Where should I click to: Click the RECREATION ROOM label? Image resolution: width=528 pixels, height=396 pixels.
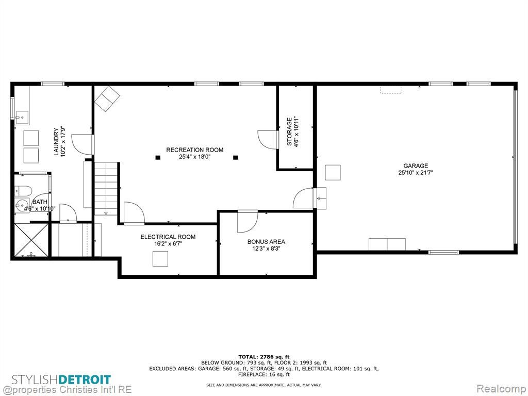(x=194, y=150)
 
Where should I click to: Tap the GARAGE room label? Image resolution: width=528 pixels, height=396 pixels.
(x=416, y=166)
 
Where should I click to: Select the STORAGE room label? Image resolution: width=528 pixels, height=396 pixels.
(x=289, y=131)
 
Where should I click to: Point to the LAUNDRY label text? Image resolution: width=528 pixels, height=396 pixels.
(x=56, y=141)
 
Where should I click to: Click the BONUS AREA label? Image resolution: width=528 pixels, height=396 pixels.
(x=266, y=242)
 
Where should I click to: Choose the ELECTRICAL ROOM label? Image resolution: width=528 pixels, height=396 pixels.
(x=168, y=237)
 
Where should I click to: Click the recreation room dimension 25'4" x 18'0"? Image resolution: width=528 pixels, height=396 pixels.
(x=194, y=157)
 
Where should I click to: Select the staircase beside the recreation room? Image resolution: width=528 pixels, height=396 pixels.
(x=106, y=189)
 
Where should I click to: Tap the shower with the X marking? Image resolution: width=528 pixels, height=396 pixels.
(x=31, y=240)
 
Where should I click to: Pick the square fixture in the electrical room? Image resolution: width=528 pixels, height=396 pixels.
(x=160, y=259)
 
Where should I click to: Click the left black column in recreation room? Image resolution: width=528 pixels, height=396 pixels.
(x=158, y=157)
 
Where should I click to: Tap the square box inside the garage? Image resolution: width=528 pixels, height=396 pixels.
(x=333, y=172)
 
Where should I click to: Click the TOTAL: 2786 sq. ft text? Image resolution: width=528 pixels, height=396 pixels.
(x=264, y=357)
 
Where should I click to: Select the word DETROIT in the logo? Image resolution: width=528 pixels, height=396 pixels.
(x=85, y=380)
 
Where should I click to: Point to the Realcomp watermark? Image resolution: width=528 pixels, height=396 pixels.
(x=502, y=389)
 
